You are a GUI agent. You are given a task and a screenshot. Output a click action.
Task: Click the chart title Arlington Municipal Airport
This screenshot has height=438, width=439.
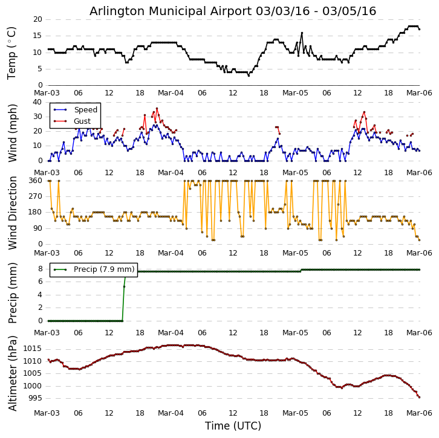(x=233, y=11)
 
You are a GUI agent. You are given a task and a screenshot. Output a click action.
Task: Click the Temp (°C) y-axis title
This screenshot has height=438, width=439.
(x=12, y=53)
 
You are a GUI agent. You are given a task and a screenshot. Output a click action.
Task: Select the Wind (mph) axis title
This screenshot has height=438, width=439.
(x=13, y=132)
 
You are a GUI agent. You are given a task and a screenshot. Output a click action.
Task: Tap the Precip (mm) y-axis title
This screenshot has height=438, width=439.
(x=13, y=293)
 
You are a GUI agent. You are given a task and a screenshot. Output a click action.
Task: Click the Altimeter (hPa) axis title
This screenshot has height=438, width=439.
(x=13, y=373)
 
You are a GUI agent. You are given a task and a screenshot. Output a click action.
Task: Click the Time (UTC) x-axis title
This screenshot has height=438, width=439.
(x=233, y=426)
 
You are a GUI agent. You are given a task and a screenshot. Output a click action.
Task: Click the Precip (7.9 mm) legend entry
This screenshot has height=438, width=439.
(x=103, y=269)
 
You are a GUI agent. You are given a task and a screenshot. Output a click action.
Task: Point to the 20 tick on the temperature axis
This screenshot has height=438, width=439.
(x=37, y=19)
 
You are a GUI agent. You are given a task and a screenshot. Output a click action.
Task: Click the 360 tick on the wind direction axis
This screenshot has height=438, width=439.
(x=35, y=181)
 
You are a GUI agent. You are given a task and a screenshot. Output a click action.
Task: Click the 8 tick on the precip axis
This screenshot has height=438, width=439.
(x=40, y=269)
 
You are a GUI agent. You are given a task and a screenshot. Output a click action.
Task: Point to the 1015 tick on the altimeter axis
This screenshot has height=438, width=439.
(x=33, y=349)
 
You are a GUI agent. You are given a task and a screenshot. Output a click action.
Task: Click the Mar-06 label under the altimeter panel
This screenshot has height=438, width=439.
(x=419, y=413)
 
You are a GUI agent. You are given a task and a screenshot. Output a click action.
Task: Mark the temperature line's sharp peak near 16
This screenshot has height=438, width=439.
(x=302, y=33)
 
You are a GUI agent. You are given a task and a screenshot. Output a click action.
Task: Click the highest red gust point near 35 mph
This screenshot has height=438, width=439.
(x=157, y=109)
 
